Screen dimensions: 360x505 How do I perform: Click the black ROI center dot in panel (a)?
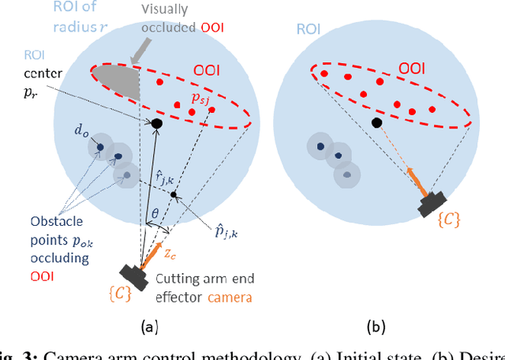[157, 124]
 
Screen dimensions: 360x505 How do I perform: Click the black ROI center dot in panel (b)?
[377, 122]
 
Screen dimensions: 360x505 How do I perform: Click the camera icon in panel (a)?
[136, 276]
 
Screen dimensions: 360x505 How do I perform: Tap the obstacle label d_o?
[83, 133]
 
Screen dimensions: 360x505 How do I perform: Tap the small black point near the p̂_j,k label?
[174, 194]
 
